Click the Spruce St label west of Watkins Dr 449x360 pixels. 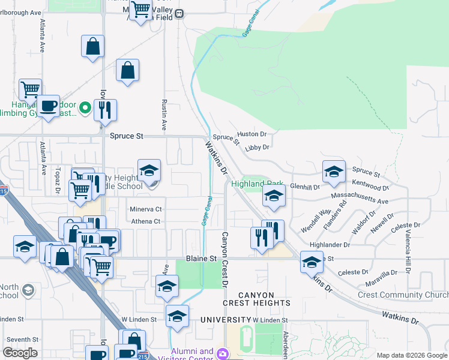(126, 136)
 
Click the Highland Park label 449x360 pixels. (257, 184)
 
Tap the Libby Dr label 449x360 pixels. (257, 146)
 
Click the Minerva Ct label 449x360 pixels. (146, 209)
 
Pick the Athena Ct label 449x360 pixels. (146, 221)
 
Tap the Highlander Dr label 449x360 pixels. (330, 245)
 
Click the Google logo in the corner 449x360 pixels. (20, 353)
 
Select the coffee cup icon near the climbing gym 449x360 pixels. (49, 106)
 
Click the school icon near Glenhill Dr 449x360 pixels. (334, 172)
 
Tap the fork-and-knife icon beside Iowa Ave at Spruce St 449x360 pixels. (105, 110)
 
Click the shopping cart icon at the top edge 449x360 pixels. (140, 9)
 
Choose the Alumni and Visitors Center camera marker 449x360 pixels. (223, 354)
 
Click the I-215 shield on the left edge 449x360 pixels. (4, 191)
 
